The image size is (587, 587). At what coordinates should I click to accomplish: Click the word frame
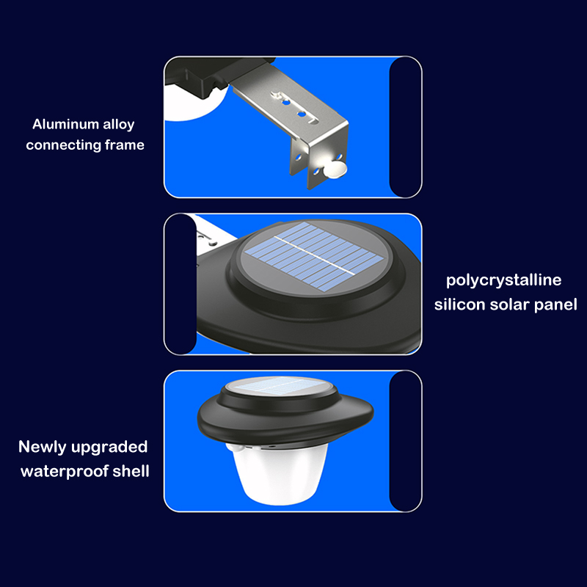point(125,145)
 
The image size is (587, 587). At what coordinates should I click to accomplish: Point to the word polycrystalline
point(504,281)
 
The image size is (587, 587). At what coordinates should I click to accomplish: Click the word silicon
point(460,305)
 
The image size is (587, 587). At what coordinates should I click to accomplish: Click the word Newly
point(43,448)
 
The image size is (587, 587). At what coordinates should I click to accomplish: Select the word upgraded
point(109,448)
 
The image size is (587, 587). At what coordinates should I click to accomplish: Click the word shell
point(131,470)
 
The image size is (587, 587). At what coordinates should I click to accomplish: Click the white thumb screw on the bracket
point(336,169)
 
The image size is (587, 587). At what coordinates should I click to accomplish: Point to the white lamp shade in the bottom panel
point(279,473)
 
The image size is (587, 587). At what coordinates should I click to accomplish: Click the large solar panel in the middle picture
point(314,257)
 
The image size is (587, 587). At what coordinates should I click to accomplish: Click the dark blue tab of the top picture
point(405,127)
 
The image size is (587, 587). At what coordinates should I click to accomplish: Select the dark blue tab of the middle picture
point(181,284)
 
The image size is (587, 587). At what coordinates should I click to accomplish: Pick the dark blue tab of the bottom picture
point(405,441)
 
